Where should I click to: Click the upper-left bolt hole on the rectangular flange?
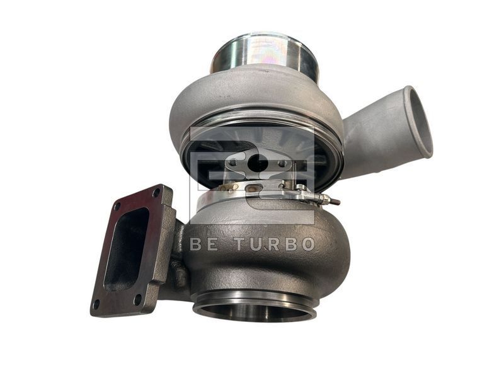click(117, 207)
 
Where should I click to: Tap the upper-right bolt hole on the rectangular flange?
click(156, 193)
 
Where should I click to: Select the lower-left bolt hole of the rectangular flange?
click(96, 304)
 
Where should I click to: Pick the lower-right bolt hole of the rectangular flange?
click(137, 299)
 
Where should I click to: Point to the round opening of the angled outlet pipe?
click(420, 123)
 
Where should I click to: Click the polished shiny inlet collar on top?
click(263, 54)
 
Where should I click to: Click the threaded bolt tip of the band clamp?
click(335, 202)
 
